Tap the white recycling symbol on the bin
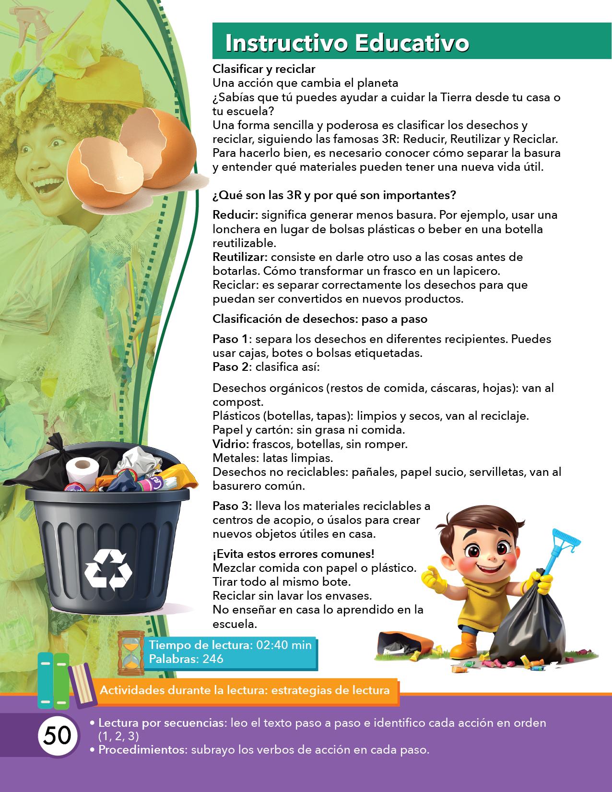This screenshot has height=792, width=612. tap(108, 569)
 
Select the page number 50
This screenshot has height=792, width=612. tap(58, 735)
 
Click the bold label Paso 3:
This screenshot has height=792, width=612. tap(232, 506)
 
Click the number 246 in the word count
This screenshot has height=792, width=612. tap(212, 659)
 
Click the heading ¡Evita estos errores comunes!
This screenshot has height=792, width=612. tap(294, 554)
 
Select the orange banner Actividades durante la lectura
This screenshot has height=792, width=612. tap(245, 691)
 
